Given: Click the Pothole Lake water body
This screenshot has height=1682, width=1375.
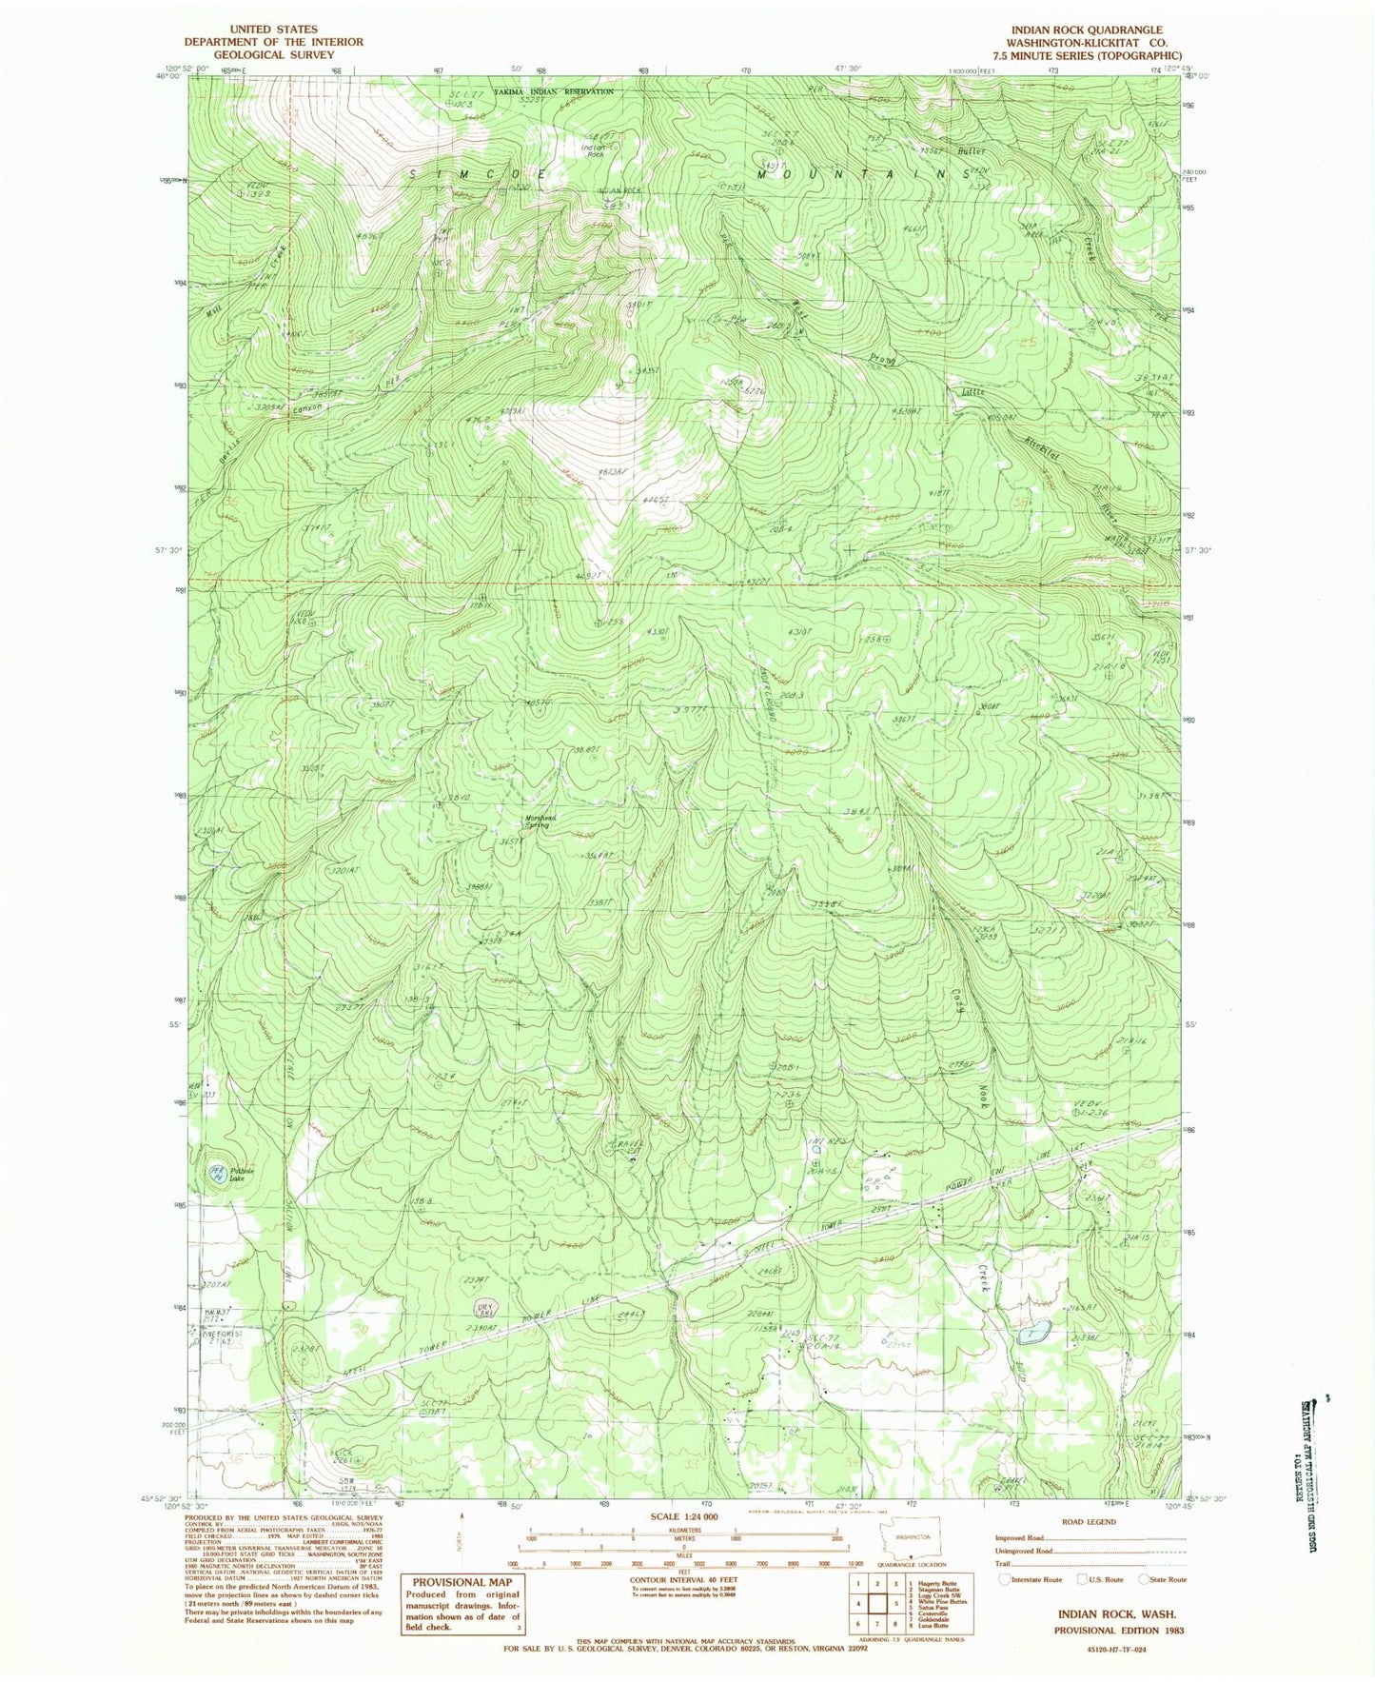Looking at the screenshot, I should coord(217,1176).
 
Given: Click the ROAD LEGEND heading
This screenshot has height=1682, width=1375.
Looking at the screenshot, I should coord(1088,1522).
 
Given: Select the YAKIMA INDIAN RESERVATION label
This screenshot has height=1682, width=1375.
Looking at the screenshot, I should coord(553,91).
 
